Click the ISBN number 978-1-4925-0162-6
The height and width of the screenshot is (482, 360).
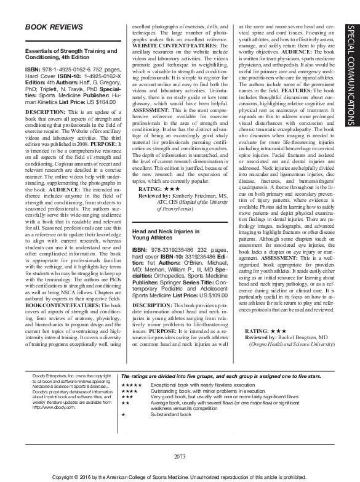(x=66, y=70)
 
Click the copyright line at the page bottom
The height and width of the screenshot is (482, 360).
(x=180, y=476)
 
